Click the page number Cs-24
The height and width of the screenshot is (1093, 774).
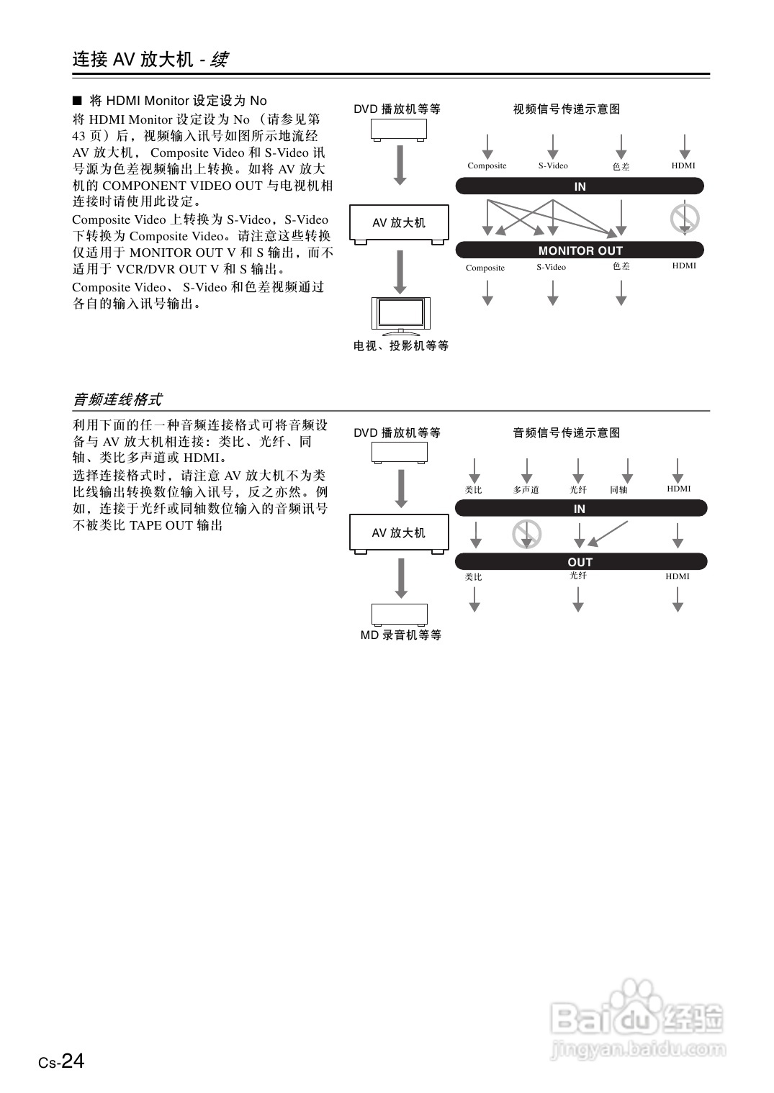[x=62, y=1061]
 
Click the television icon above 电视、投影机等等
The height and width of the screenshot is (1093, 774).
[x=400, y=315]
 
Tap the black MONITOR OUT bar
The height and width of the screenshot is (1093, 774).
[x=580, y=250]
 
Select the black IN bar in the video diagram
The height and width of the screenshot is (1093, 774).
[x=580, y=186]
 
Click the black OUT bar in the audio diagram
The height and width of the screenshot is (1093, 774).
[x=580, y=562]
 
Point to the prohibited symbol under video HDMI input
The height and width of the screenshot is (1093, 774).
[x=685, y=218]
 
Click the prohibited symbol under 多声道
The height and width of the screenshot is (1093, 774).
[x=526, y=534]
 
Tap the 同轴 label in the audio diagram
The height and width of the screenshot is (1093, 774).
[x=618, y=490]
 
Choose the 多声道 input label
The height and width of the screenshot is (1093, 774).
[x=526, y=490]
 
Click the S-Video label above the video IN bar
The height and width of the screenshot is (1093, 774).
[x=553, y=165]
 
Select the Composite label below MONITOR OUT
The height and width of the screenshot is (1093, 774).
[x=485, y=268]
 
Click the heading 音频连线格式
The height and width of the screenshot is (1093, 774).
[x=117, y=399]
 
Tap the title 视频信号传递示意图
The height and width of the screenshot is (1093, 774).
[x=567, y=109]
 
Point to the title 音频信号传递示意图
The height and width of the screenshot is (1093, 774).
[x=567, y=433]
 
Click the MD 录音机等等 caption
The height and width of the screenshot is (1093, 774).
[x=401, y=635]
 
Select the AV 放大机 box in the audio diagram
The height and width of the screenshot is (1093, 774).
[x=399, y=533]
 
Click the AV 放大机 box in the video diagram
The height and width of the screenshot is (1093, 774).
[x=399, y=223]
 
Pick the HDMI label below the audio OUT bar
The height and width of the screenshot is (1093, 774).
[x=678, y=576]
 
